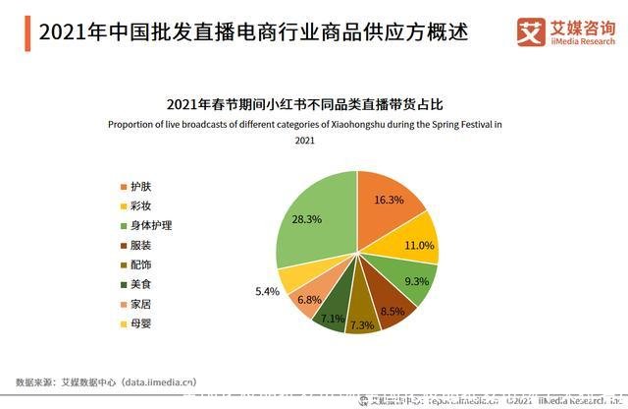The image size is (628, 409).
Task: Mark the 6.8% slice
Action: point(308,299)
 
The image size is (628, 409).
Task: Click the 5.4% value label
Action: point(268,292)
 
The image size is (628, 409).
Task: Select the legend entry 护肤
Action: point(140,188)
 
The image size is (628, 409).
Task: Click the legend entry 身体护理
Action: point(150,226)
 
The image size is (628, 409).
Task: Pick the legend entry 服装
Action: point(140,246)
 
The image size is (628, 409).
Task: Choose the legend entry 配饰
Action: point(140,265)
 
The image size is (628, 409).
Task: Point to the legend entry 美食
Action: point(140,284)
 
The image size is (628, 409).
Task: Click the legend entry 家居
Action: point(140,304)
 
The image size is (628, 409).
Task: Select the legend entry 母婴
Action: point(140,322)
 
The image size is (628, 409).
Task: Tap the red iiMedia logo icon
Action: point(531,33)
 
